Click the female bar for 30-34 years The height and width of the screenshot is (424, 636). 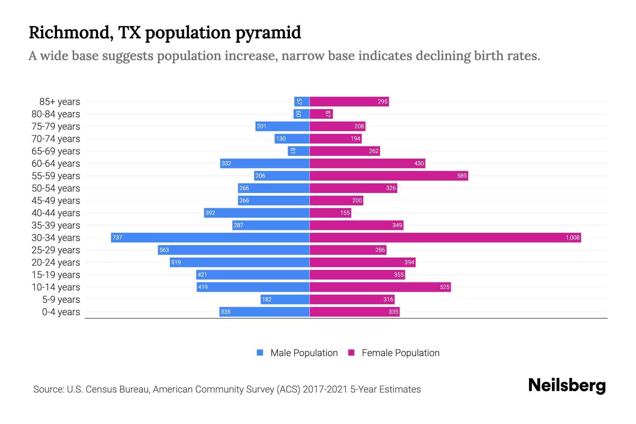pyautogui.click(x=445, y=237)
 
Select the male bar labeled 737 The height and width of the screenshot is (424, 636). pyautogui.click(x=210, y=237)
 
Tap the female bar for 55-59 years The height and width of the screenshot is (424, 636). pyautogui.click(x=389, y=176)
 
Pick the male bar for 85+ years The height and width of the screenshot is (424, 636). pyautogui.click(x=302, y=101)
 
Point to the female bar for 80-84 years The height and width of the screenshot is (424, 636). pyautogui.click(x=321, y=114)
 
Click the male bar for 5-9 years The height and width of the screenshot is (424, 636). pyautogui.click(x=285, y=299)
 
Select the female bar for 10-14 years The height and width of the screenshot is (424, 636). pyautogui.click(x=380, y=287)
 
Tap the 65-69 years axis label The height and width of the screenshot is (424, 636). pyautogui.click(x=56, y=151)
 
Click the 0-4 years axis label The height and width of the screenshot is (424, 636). pyautogui.click(x=61, y=312)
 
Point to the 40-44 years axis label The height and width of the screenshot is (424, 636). pyautogui.click(x=56, y=213)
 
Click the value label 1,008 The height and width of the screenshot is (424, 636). pyautogui.click(x=572, y=237)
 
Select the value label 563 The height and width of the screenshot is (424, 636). pyautogui.click(x=164, y=250)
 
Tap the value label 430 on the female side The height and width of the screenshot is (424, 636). pyautogui.click(x=419, y=163)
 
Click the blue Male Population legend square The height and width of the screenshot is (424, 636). pyautogui.click(x=260, y=353)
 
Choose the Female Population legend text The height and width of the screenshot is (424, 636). pyautogui.click(x=400, y=353)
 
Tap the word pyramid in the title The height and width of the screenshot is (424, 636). pyautogui.click(x=268, y=33)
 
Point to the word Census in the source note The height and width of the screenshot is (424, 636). pyautogui.click(x=102, y=389)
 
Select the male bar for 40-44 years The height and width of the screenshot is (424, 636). pyautogui.click(x=257, y=213)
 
